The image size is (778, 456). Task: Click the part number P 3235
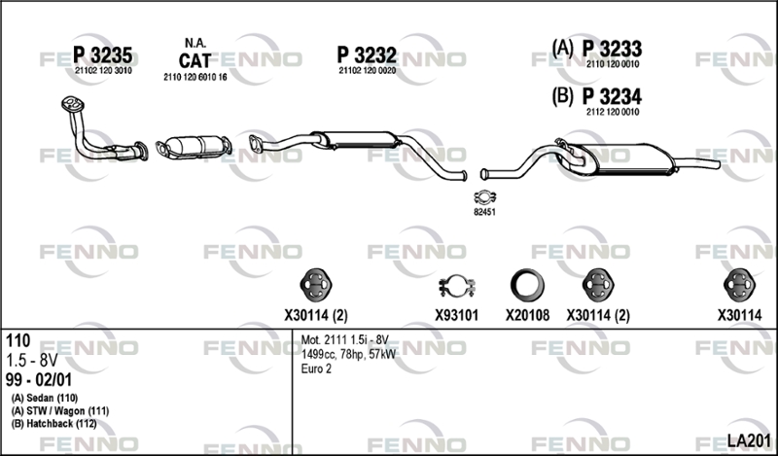coord(103,55)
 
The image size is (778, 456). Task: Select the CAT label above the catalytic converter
coord(194,60)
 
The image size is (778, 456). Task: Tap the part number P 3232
coord(367,55)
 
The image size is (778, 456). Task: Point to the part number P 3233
coord(612,49)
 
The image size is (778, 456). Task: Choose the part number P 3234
coord(612,96)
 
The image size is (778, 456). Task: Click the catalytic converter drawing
coord(194,147)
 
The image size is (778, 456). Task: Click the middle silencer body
coord(356,139)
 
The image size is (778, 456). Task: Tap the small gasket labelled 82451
coord(484,197)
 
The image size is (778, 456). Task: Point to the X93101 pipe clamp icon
coord(456,286)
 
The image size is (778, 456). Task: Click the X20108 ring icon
coord(527,286)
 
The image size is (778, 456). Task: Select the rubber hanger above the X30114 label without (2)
coord(739,285)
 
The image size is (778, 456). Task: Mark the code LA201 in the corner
coord(749,440)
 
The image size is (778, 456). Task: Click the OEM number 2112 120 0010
coord(613,112)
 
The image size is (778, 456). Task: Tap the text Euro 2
coord(316,368)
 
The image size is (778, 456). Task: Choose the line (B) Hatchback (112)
coord(54,424)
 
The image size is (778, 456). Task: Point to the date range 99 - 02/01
coord(39,380)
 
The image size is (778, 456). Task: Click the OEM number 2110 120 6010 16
coord(195,78)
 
